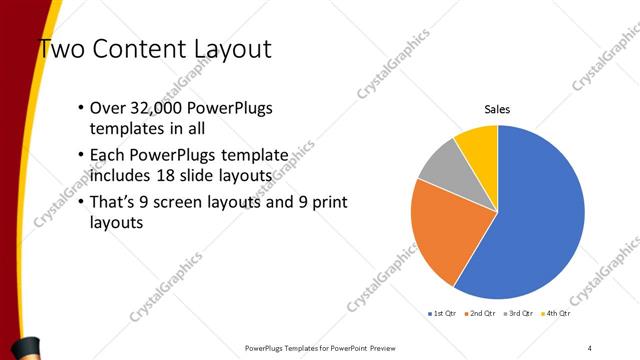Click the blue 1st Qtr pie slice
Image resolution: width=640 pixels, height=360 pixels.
tap(540, 220)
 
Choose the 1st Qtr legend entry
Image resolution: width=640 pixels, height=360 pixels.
tap(444, 313)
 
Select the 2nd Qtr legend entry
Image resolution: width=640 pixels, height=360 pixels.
tap(482, 313)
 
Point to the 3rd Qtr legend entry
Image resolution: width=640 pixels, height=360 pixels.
tap(520, 313)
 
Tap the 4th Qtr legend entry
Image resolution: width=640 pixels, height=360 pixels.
tap(556, 313)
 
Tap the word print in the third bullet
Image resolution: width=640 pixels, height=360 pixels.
tap(328, 203)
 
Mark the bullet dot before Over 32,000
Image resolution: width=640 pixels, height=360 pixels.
tap(80, 108)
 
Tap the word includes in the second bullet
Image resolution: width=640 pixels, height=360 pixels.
tap(120, 177)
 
